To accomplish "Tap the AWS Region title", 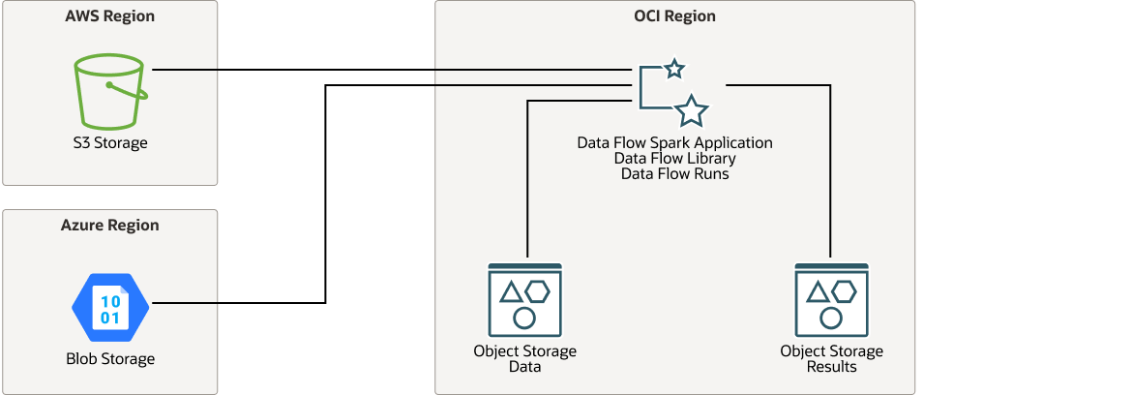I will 110,16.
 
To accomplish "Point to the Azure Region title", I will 110,226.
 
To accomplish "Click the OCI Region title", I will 674,16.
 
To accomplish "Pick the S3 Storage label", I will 110,143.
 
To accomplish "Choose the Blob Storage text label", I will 110,359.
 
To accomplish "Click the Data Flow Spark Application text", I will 674,142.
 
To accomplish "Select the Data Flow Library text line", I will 674,158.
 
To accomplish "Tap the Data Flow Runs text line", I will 674,174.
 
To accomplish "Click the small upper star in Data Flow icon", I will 674,69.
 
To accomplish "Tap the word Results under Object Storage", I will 831,367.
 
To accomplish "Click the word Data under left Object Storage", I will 525,367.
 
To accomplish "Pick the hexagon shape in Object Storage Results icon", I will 844,290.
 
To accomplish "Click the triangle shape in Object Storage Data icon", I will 512,291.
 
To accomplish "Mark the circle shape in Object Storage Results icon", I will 831,317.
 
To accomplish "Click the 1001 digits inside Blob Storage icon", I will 110,309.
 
